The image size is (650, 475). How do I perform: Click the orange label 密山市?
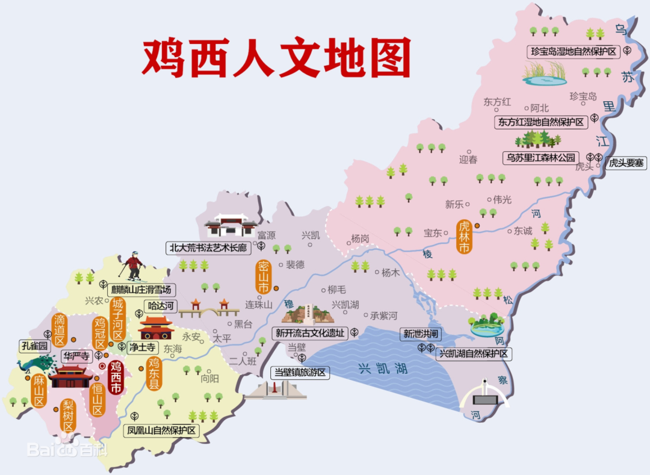(x=262, y=278)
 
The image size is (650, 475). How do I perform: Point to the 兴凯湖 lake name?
(x=383, y=368)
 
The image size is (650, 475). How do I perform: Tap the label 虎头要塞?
(x=626, y=163)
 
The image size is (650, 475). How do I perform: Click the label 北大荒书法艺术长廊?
(x=208, y=247)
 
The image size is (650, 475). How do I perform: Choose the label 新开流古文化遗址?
(x=310, y=333)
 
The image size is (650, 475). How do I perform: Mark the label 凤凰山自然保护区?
(x=161, y=430)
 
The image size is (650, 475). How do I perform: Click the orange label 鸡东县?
(x=154, y=373)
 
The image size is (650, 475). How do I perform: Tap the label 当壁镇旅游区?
(x=300, y=373)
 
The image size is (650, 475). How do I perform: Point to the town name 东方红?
(x=497, y=102)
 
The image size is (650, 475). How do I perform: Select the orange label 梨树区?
(x=68, y=416)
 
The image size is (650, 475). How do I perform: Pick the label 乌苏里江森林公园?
(x=540, y=158)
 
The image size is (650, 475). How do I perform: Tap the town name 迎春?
(x=468, y=160)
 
